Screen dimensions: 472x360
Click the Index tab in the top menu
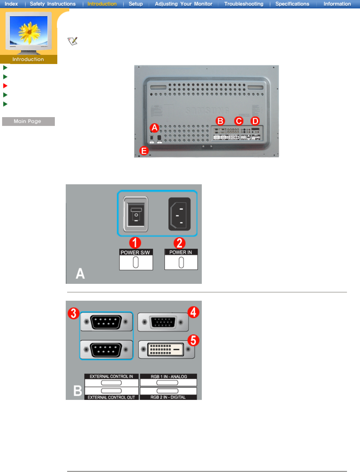click(11, 4)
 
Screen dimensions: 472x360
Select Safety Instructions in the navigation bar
click(53, 4)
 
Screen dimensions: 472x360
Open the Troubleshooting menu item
click(244, 4)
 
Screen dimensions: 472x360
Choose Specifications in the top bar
click(292, 4)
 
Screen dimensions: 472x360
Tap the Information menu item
click(337, 4)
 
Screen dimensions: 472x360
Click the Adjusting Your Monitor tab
click(184, 4)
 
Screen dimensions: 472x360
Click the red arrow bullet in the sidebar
click(5, 86)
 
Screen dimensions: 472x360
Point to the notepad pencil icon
click(72, 41)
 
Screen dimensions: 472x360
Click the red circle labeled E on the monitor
click(144, 151)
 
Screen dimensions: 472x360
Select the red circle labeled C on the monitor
click(239, 121)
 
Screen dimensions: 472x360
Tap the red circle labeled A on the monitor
click(154, 127)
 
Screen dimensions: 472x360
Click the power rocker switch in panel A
click(136, 214)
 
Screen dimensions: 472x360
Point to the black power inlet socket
click(179, 214)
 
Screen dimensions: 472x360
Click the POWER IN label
click(181, 252)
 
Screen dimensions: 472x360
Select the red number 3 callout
click(73, 313)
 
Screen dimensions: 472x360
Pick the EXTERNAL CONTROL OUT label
click(111, 397)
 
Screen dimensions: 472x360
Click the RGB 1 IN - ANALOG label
click(169, 376)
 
